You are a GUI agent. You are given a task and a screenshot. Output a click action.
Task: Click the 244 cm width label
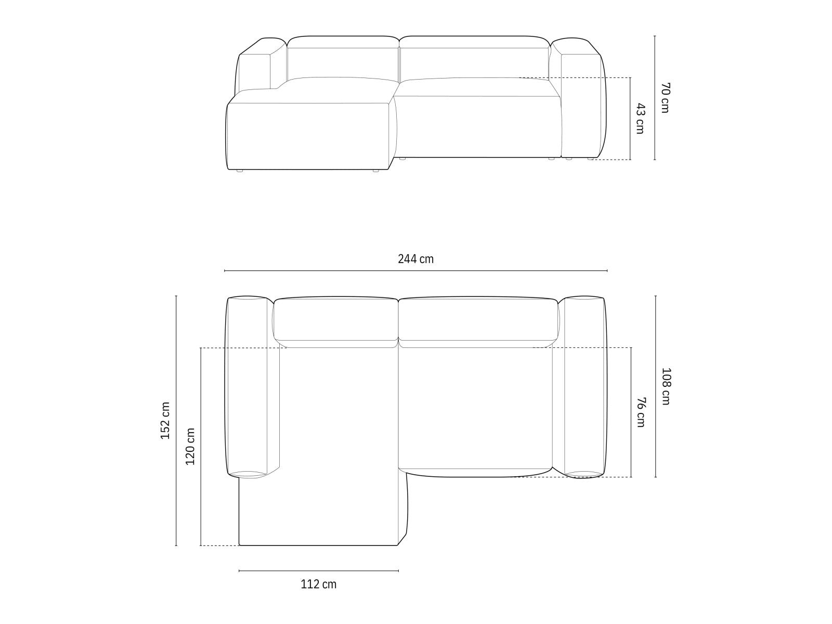click(x=415, y=259)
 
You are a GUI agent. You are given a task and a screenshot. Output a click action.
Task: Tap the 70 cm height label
click(x=665, y=98)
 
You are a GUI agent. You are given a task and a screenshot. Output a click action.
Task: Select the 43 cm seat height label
click(x=640, y=119)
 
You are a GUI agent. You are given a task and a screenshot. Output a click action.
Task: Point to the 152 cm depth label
click(x=165, y=421)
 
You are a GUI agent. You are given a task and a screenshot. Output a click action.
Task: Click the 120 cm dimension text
click(x=190, y=446)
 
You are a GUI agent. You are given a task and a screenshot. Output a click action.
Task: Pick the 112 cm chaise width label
click(x=318, y=584)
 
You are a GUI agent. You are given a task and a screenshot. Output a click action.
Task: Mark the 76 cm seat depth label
click(x=641, y=412)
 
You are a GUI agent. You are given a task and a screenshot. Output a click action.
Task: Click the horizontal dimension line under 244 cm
click(x=415, y=271)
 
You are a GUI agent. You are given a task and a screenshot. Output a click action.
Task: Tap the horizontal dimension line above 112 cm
click(x=318, y=571)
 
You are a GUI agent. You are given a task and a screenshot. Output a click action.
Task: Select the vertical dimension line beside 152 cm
click(x=176, y=421)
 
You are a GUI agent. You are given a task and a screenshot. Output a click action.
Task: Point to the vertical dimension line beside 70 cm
click(x=655, y=98)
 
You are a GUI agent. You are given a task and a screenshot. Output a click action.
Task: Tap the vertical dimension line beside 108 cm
click(x=655, y=386)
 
